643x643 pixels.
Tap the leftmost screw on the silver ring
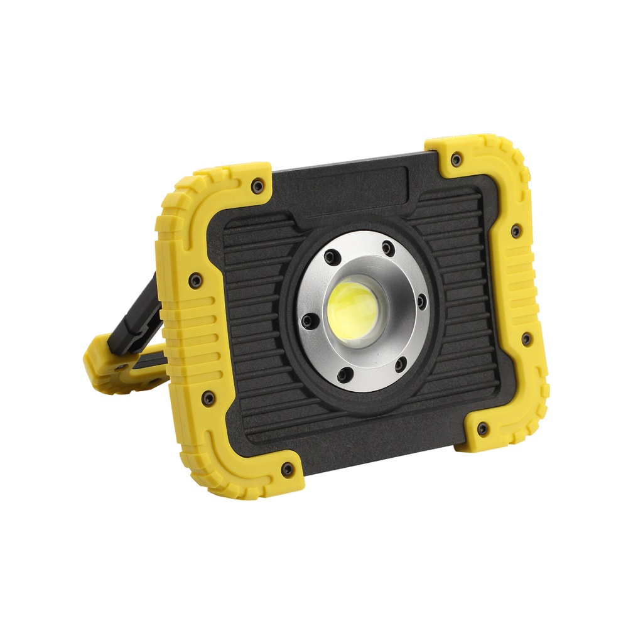tap(307, 321)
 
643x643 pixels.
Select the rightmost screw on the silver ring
tap(422, 302)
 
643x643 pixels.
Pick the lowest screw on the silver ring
tap(343, 376)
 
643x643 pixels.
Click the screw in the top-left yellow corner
tap(257, 185)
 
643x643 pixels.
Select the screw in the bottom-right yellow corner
tap(482, 429)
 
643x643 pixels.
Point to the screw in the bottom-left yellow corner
tap(288, 468)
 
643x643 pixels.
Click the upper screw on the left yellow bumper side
tap(195, 280)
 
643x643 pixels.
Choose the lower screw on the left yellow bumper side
tap(208, 397)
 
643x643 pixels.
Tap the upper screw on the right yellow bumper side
tap(516, 230)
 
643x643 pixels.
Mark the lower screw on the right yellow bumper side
tap(526, 338)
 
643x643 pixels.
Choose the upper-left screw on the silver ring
tap(332, 256)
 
